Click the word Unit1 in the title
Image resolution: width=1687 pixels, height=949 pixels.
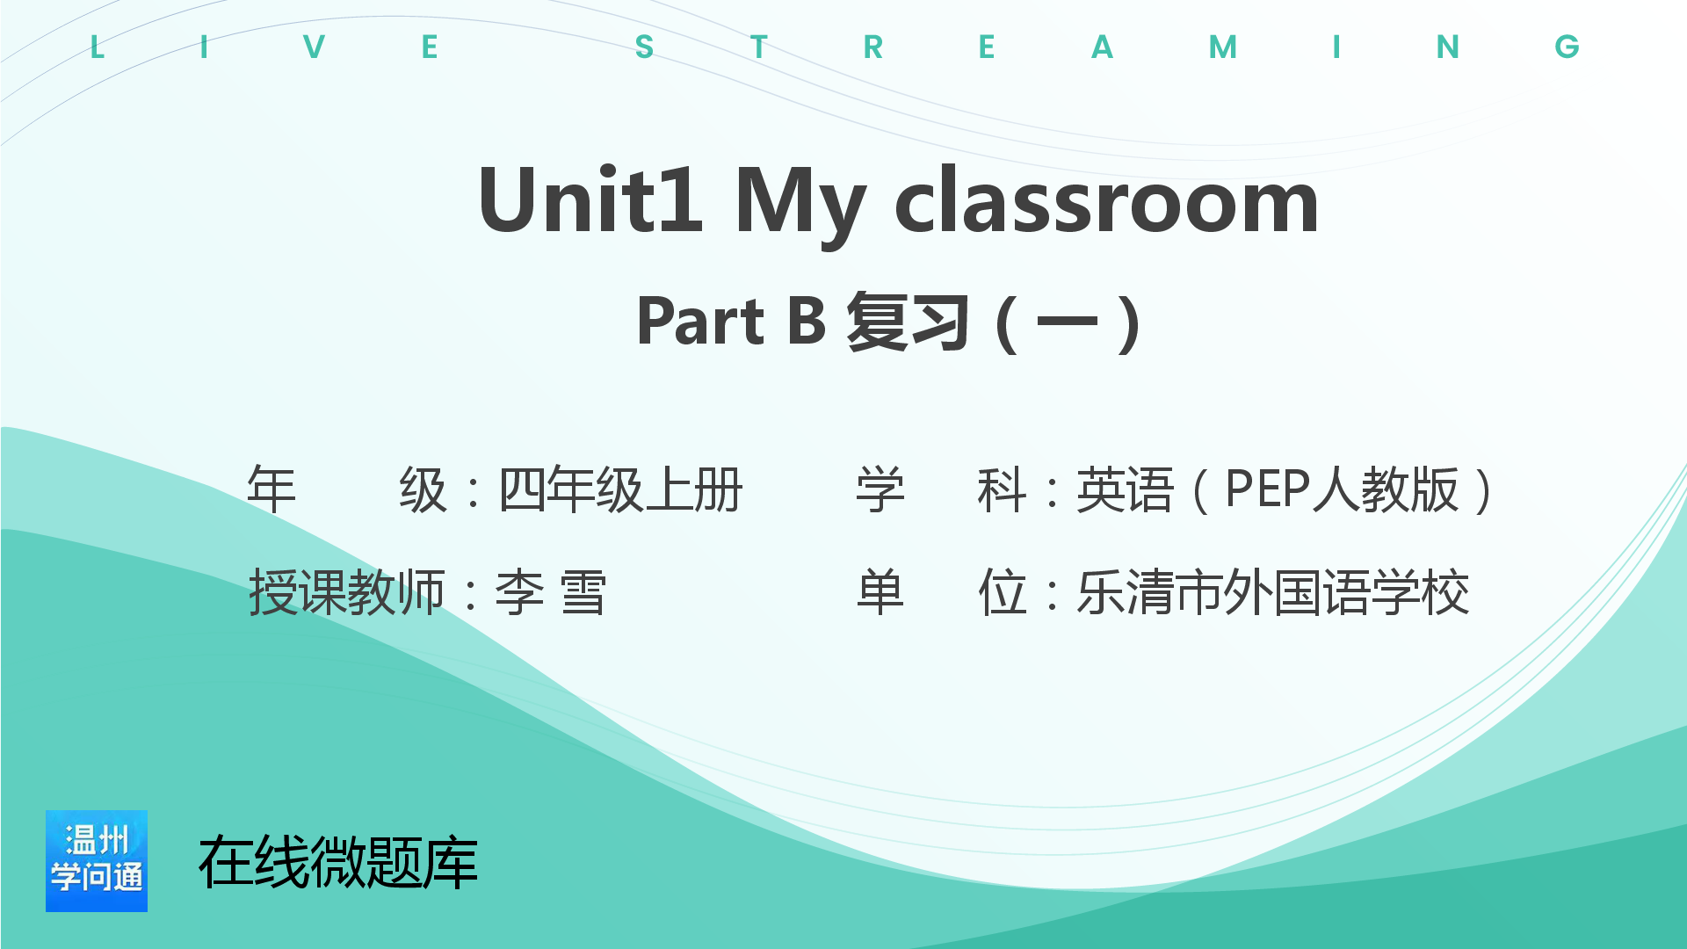[x=590, y=200]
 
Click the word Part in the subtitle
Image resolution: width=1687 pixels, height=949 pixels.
[x=701, y=321]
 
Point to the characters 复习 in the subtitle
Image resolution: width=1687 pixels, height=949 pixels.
[x=908, y=322]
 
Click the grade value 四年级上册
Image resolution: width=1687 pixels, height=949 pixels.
[x=620, y=489]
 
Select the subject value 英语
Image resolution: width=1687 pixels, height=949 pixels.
[x=1125, y=489]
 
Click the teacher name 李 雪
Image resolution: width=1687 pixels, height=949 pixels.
[x=551, y=592]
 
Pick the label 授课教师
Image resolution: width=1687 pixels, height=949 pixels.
[x=347, y=592]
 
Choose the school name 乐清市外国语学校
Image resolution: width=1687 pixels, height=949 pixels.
[x=1273, y=592]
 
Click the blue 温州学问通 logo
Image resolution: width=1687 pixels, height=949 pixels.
[x=97, y=861]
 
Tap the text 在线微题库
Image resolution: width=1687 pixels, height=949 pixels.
[x=338, y=862]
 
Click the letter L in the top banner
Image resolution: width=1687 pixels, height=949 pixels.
[x=98, y=47]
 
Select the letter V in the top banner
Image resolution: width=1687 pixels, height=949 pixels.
[x=314, y=47]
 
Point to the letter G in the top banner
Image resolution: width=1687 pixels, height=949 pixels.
[x=1567, y=47]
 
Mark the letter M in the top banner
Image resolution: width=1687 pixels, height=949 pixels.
[x=1223, y=47]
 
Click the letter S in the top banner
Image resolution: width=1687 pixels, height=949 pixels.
[x=644, y=47]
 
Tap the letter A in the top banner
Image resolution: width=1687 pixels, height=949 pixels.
[x=1102, y=47]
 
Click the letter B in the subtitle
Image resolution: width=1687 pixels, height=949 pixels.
[x=807, y=321]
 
